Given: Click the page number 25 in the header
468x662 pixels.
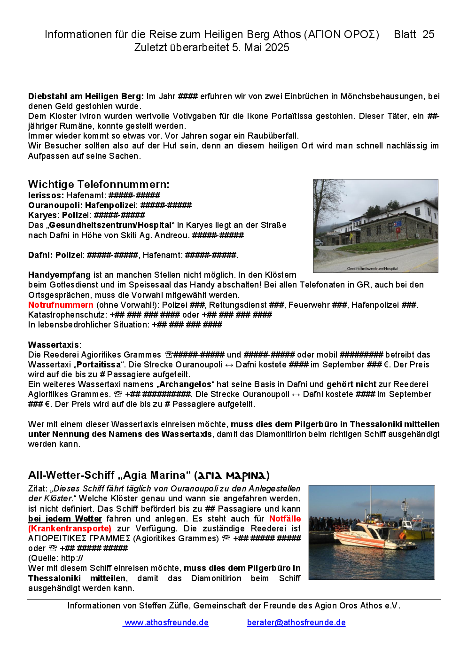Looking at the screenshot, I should [428, 34].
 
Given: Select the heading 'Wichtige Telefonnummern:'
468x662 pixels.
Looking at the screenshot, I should [99, 184].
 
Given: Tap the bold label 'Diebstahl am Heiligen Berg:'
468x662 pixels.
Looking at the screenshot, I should [86, 96].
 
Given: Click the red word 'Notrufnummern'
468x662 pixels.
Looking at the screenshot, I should [61, 305].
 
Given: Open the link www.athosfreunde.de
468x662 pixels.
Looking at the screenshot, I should [166, 623].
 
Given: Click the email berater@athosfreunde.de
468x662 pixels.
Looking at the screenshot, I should [296, 623].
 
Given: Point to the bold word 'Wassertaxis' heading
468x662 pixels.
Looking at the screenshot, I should [54, 345].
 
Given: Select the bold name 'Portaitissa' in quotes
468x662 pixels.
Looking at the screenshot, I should [98, 365].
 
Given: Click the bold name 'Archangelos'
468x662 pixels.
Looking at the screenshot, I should [185, 384].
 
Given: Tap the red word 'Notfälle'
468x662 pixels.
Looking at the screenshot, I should [285, 519].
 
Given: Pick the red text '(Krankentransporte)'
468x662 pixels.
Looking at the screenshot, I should [70, 529].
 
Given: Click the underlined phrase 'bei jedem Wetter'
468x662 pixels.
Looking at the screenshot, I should [65, 519].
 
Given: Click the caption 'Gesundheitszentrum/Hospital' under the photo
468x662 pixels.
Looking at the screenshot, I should [372, 269].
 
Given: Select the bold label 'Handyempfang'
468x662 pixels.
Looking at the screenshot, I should [59, 275].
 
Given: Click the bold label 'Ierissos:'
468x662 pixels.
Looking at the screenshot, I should [46, 195].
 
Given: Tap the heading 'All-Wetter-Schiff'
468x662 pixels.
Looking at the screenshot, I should [71, 475].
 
